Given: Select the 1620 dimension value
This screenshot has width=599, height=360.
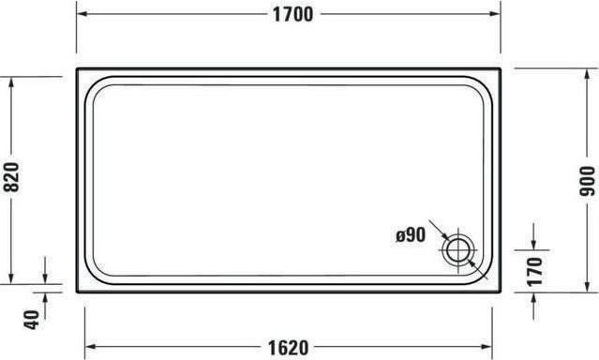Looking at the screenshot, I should [x=286, y=347].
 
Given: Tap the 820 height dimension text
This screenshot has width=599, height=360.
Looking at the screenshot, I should [x=12, y=172].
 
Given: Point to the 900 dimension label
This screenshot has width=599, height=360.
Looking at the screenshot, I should [x=588, y=180].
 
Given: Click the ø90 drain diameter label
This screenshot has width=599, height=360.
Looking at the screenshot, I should [x=411, y=235].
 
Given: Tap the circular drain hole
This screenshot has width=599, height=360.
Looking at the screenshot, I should [x=459, y=249].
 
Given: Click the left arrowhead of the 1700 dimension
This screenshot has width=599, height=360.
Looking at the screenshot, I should [x=81, y=14].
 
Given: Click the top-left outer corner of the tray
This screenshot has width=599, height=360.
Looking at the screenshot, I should [x=77, y=68].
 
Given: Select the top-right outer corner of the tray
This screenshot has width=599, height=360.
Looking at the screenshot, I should [x=501, y=68].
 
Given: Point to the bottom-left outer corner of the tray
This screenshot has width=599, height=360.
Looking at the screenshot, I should [x=77, y=291].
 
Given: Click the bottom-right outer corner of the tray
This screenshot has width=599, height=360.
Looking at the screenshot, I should [x=501, y=291].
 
